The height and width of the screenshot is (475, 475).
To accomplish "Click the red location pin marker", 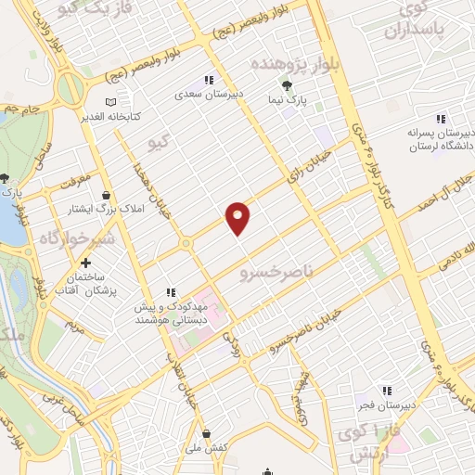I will pos(239,217).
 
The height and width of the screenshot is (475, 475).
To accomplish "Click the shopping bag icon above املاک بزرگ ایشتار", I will pos(109,196).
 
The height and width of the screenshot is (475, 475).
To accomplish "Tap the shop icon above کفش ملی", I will pos(206,433).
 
